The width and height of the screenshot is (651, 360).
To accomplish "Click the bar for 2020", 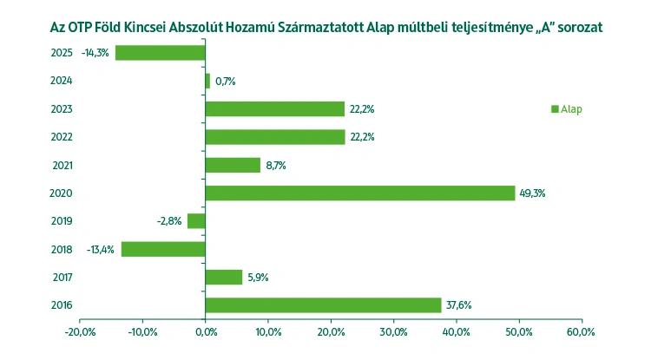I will (360, 193).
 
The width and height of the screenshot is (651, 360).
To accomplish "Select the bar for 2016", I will (323, 304).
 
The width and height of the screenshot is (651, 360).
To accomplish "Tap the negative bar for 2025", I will (161, 53).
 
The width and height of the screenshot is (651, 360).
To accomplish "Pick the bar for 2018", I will (163, 249).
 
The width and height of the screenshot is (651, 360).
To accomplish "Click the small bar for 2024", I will (208, 81).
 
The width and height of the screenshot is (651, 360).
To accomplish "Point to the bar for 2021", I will (233, 165).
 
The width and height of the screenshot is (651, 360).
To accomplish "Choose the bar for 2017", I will (224, 277).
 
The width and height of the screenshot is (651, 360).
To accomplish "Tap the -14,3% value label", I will (95, 53).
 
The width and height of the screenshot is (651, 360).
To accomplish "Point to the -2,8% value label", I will (169, 221).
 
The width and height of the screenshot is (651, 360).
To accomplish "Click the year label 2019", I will (62, 221).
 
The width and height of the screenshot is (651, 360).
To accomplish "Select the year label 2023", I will (62, 109).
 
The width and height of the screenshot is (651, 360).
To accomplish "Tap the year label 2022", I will (62, 137).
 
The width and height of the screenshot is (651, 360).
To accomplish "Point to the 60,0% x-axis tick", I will (581, 332).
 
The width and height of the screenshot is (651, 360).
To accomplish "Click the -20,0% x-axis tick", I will (80, 332).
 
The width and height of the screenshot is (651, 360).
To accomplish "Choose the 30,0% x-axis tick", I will (393, 332).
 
